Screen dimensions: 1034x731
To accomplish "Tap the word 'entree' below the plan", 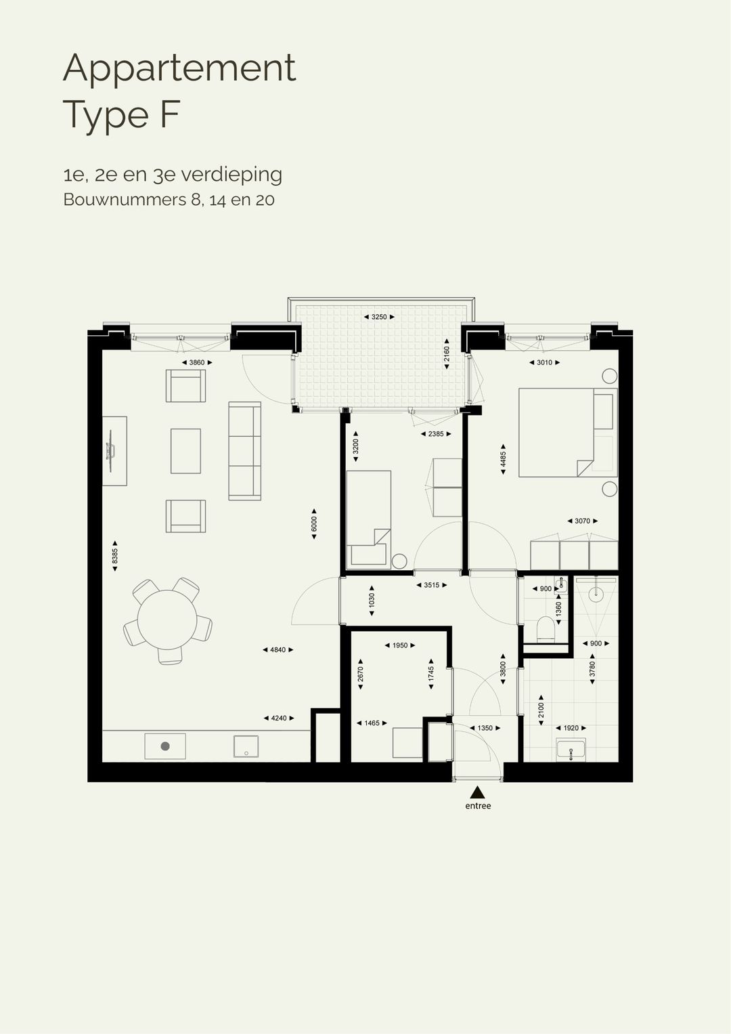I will point(478,806).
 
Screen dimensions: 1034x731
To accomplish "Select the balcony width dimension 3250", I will point(379,317).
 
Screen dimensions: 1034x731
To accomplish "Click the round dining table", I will point(167,620).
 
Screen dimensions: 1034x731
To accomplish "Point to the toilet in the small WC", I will point(545,629).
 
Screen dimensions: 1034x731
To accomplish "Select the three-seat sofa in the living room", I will point(244,451).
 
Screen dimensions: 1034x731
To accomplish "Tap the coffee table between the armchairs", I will point(185,451).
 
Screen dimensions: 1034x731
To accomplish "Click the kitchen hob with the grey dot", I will point(165,746).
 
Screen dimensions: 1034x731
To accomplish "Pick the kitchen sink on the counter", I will point(246,746).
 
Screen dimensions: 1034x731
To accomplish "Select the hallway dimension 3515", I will point(431,585).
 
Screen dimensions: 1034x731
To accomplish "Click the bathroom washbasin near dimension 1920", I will point(572,750).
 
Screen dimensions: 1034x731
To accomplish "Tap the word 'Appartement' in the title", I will point(179,68).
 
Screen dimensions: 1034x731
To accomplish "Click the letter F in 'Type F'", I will point(169,114).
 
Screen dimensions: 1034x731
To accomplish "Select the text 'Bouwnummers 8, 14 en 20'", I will point(169,200).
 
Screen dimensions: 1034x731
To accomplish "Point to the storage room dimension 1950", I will point(400,645).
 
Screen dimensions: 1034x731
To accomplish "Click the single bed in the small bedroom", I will point(368,518).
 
